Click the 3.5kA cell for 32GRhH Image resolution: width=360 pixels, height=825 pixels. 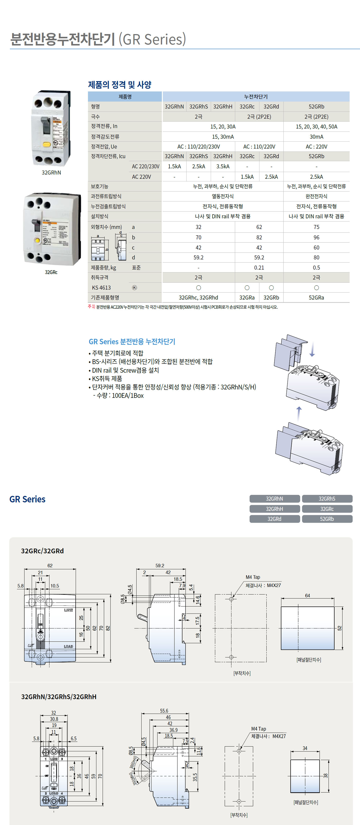tap(223, 167)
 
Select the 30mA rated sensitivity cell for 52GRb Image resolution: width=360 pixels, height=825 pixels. tap(316, 137)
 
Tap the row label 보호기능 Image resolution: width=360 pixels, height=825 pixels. tap(100, 186)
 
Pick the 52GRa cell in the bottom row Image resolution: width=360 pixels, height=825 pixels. tap(316, 298)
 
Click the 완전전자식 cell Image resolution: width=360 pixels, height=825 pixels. tap(316, 196)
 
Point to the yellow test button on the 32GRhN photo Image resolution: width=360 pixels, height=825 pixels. tap(47, 144)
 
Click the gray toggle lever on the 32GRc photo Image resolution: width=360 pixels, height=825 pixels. tap(35, 226)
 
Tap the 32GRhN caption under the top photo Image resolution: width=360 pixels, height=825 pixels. tap(51, 173)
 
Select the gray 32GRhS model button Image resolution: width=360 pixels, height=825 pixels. tap(327, 499)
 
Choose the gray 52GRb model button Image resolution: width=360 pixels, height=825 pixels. tap(327, 519)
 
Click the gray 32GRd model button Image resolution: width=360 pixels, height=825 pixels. tap(275, 519)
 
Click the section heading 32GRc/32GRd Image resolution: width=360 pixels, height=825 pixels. tap(42, 551)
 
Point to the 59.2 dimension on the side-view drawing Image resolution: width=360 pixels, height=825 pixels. tap(160, 565)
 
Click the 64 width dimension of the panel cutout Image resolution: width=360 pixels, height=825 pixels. tap(307, 595)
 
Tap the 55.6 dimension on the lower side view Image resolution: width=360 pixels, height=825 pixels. tap(164, 711)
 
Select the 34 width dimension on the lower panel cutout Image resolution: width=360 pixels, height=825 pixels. tap(305, 748)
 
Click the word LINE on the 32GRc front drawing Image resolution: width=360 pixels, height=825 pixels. tap(68, 610)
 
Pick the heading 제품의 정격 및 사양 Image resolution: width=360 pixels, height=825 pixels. tap(120, 85)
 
